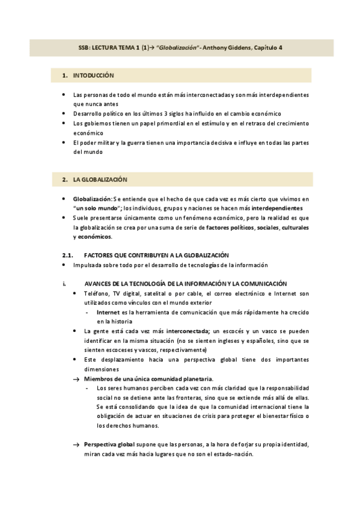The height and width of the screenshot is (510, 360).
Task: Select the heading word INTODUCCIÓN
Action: pos(93,76)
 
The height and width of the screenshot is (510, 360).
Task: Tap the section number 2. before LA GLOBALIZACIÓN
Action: pos(64,180)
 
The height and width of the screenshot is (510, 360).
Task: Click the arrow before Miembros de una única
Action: pos(76,379)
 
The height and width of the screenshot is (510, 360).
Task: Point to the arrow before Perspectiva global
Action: pos(76,444)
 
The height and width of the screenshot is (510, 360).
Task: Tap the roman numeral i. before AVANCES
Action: pos(64,283)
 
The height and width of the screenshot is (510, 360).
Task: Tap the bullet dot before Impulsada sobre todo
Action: pos(64,265)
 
